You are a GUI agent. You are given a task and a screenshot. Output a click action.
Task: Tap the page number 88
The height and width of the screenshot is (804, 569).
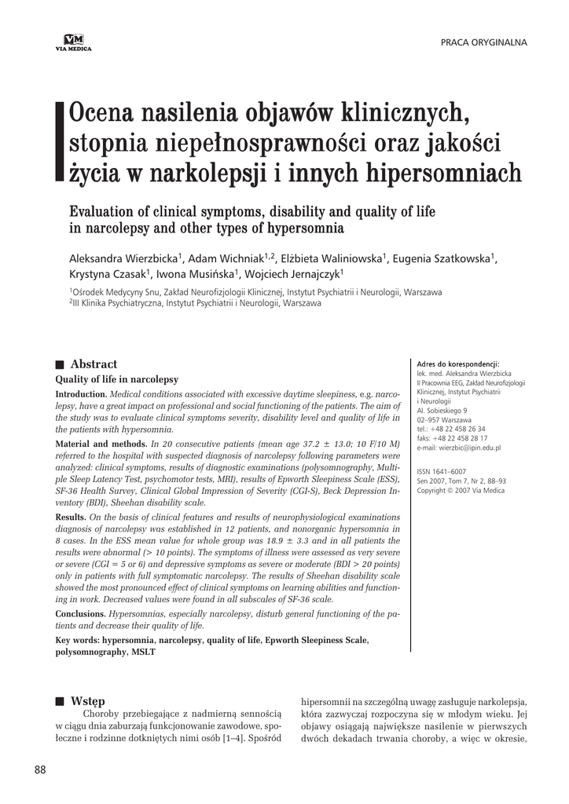[x=41, y=769]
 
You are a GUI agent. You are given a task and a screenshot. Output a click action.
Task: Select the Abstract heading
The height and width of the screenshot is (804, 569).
[x=94, y=364]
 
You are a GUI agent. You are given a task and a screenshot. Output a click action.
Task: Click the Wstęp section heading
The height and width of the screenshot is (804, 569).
[x=87, y=700]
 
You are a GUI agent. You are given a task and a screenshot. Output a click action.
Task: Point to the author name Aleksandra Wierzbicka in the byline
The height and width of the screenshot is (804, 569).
[x=125, y=258]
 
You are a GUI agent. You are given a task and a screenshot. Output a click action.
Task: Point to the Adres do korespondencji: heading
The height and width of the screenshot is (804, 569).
[x=458, y=364]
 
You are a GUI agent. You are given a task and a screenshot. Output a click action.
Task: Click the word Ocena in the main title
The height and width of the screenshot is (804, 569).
[x=104, y=114]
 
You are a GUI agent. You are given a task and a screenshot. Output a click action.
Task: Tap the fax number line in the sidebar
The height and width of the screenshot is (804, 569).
[x=452, y=438]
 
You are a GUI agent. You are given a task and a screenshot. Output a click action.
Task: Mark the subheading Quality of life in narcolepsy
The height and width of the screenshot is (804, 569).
[x=116, y=379]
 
